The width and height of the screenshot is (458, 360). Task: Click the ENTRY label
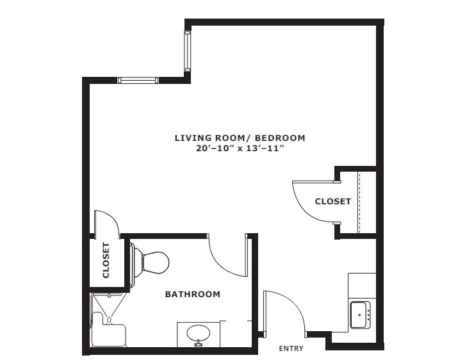[291, 348]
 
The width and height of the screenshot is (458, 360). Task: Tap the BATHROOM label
[193, 294]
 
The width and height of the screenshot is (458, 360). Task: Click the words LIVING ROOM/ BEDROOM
[240, 138]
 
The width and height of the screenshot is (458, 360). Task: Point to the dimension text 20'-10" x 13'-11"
[240, 148]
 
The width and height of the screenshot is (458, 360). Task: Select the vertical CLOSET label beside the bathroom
[106, 260]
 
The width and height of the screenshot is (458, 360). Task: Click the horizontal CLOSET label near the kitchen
[332, 201]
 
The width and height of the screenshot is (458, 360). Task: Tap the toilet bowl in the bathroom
[156, 263]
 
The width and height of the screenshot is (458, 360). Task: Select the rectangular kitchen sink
[361, 315]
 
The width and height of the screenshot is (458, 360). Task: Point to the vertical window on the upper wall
[187, 51]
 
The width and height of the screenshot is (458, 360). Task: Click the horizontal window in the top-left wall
[138, 80]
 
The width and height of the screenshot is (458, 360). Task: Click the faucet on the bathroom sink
[199, 343]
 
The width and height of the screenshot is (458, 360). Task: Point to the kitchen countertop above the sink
[362, 286]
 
